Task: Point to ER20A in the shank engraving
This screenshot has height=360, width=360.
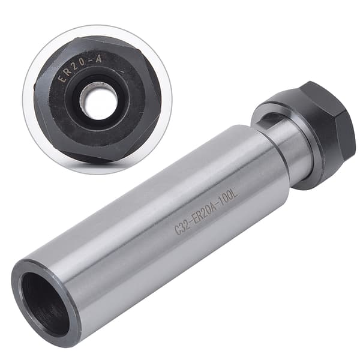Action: click(x=205, y=213)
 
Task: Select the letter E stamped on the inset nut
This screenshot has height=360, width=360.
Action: click(x=61, y=79)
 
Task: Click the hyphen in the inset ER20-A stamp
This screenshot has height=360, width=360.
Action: click(x=91, y=62)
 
